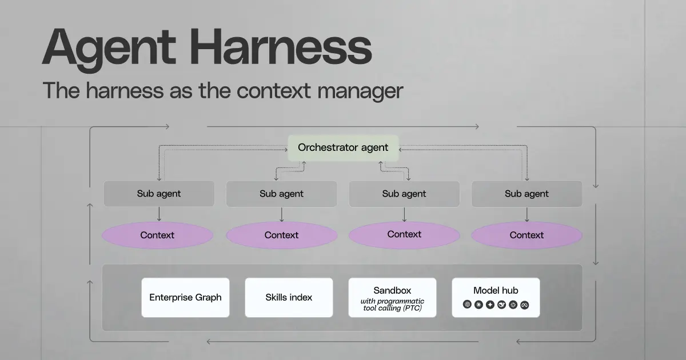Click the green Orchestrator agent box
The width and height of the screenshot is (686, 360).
click(x=343, y=147)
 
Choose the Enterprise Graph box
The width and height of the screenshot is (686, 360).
click(x=185, y=297)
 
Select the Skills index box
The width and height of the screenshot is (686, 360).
click(x=289, y=297)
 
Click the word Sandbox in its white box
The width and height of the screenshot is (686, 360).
click(x=392, y=290)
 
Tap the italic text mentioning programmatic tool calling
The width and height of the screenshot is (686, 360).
click(x=392, y=305)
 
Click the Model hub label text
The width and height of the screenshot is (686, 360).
click(x=496, y=290)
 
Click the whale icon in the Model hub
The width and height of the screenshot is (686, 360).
click(x=501, y=305)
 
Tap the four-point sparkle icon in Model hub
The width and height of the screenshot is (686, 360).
click(x=490, y=305)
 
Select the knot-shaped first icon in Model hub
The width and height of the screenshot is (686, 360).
click(x=467, y=305)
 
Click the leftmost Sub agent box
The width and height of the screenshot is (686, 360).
click(x=159, y=194)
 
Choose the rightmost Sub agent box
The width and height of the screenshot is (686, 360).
click(x=527, y=194)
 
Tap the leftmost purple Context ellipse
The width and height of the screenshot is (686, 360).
click(x=157, y=235)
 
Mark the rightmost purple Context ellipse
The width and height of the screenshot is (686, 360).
click(x=527, y=235)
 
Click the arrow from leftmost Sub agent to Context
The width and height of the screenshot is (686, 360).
click(x=159, y=214)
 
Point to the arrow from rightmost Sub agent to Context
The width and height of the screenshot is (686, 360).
click(x=527, y=214)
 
